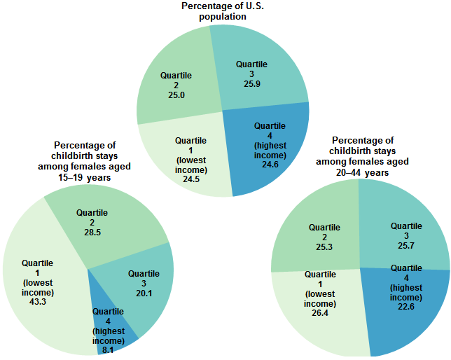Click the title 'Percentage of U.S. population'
[x=223, y=11]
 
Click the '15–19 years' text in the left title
[x=84, y=178]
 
